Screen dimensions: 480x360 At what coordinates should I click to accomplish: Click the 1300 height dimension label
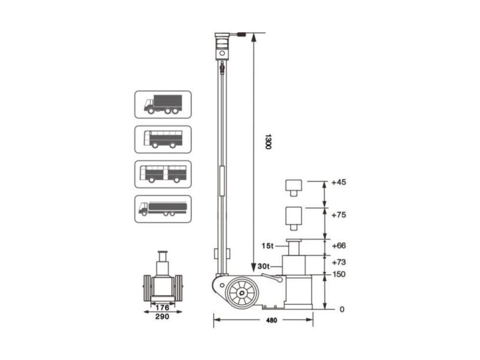click(x=268, y=142)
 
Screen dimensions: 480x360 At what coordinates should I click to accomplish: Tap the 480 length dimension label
click(x=271, y=320)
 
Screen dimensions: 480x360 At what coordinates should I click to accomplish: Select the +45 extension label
click(x=338, y=182)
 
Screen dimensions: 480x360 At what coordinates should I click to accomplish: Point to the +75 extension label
click(x=338, y=215)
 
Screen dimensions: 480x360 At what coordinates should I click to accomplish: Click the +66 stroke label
click(x=338, y=245)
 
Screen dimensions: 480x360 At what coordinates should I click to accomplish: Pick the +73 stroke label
click(x=338, y=262)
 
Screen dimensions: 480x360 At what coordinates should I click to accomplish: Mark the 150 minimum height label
click(x=339, y=274)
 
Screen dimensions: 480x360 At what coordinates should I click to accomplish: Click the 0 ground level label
click(x=342, y=310)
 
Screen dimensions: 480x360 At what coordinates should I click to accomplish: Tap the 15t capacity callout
click(x=267, y=246)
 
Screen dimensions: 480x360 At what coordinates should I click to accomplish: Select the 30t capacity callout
click(x=264, y=266)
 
